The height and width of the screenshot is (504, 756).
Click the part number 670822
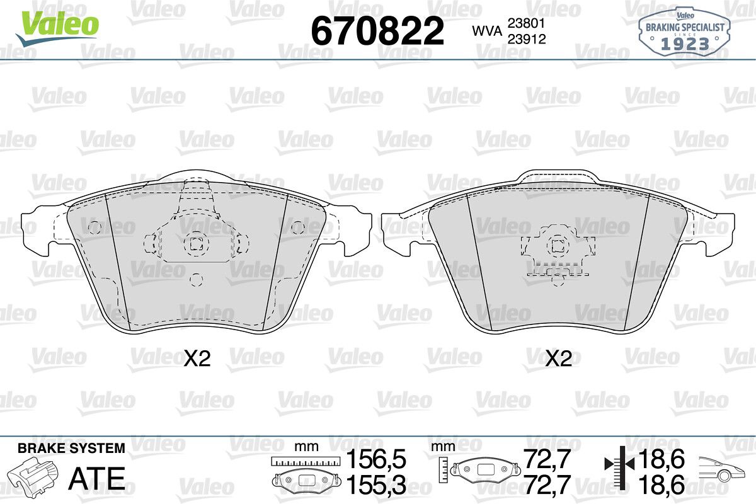[x=377, y=31]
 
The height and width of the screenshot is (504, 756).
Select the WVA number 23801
[x=527, y=23]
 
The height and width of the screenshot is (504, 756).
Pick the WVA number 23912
[x=527, y=39]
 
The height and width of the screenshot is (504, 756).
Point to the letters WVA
[x=487, y=31]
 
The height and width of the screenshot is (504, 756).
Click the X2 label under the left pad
[x=197, y=358]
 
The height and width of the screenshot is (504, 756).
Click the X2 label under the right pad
[x=559, y=358]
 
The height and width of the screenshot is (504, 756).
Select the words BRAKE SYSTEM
[x=71, y=448]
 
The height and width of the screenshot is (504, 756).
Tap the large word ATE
[x=97, y=478]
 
